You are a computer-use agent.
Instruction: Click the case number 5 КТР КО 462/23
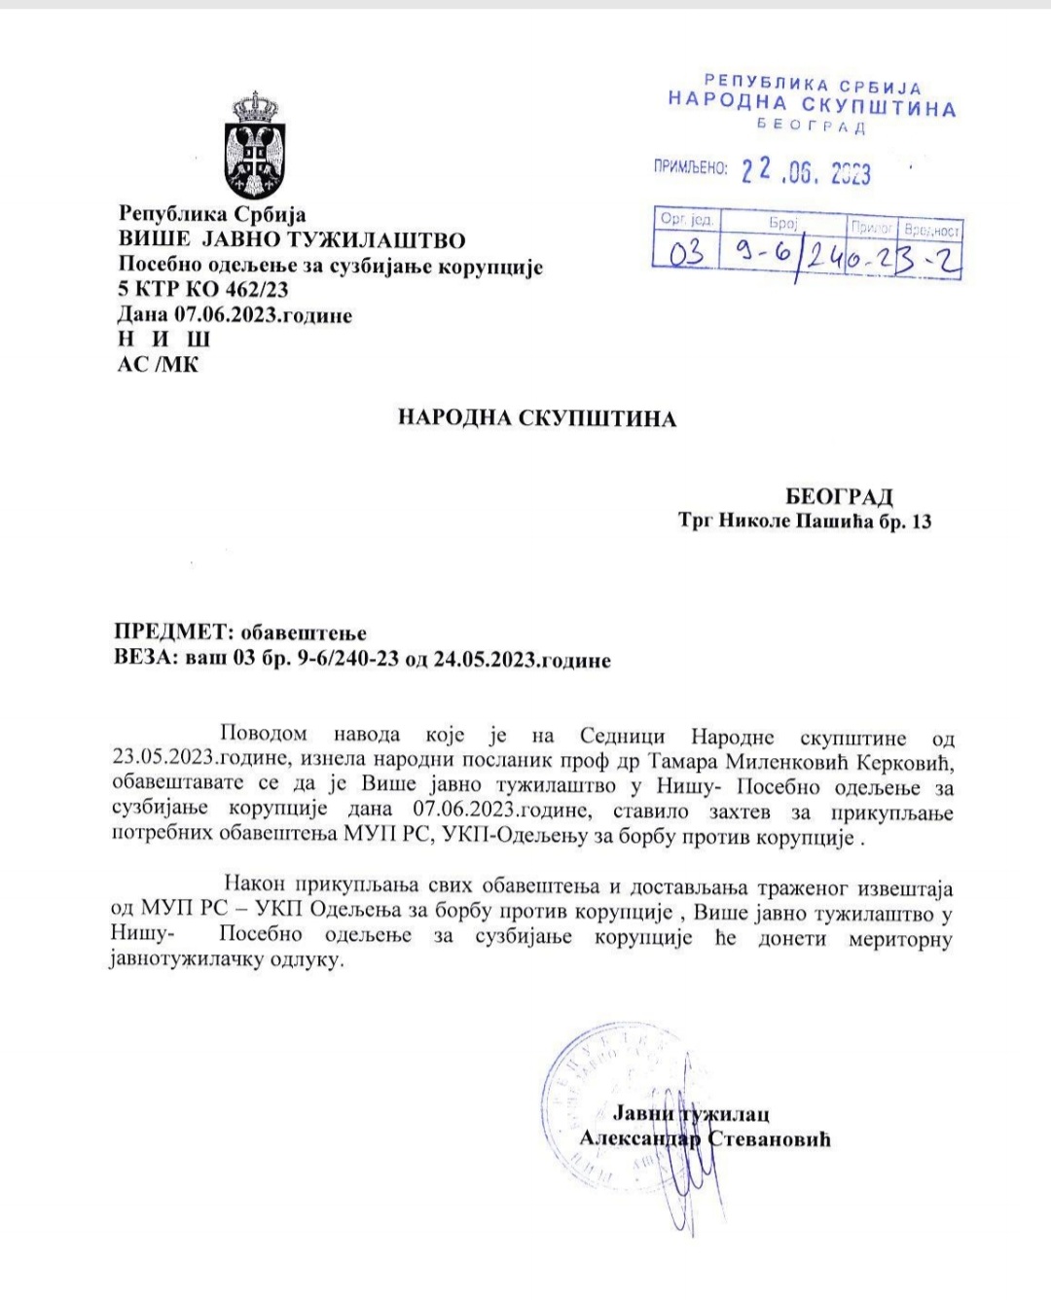point(202,289)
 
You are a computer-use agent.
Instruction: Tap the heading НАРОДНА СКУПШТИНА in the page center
point(536,418)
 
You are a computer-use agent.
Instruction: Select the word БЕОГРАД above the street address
point(839,497)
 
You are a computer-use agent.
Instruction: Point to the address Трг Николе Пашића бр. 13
point(805,522)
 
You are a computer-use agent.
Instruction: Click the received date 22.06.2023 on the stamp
point(806,172)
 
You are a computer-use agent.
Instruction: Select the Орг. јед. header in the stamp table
point(686,220)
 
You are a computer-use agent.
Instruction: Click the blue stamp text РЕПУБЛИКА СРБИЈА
point(813,86)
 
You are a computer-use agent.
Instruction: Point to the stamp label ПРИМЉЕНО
point(690,168)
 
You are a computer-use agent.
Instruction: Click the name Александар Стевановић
point(705,1138)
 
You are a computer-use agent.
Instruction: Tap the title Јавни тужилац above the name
point(690,1114)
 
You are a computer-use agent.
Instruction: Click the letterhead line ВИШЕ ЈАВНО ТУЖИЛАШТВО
point(292,239)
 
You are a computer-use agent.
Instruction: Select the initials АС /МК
point(158,365)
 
